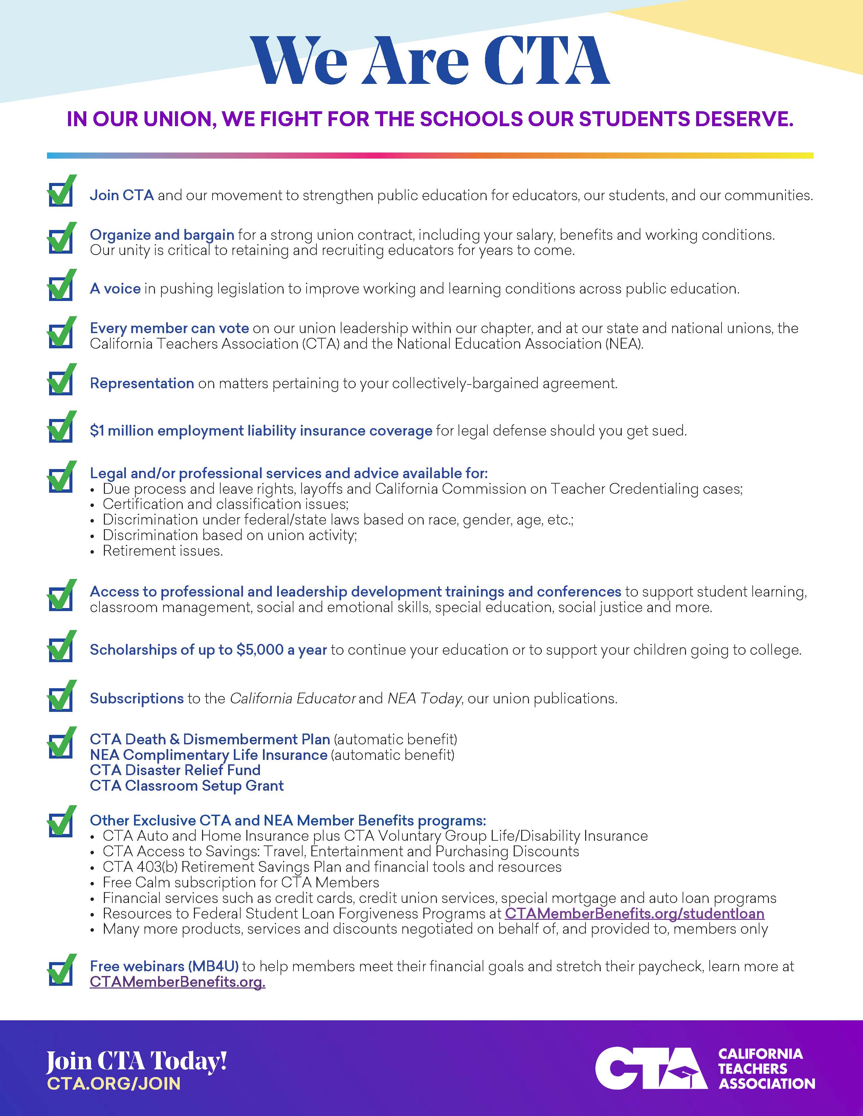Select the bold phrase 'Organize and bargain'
pyautogui.click(x=161, y=235)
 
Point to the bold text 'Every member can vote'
pyautogui.click(x=169, y=328)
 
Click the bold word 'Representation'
pyautogui.click(x=141, y=383)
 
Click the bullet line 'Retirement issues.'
pyautogui.click(x=162, y=551)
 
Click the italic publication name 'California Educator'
pyautogui.click(x=292, y=699)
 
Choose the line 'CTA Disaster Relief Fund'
pyautogui.click(x=175, y=770)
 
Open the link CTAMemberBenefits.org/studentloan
pyautogui.click(x=634, y=914)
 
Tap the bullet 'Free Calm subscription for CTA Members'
pyautogui.click(x=241, y=882)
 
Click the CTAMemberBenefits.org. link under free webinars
pyautogui.click(x=177, y=982)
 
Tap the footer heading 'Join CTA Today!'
pyautogui.click(x=136, y=1062)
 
